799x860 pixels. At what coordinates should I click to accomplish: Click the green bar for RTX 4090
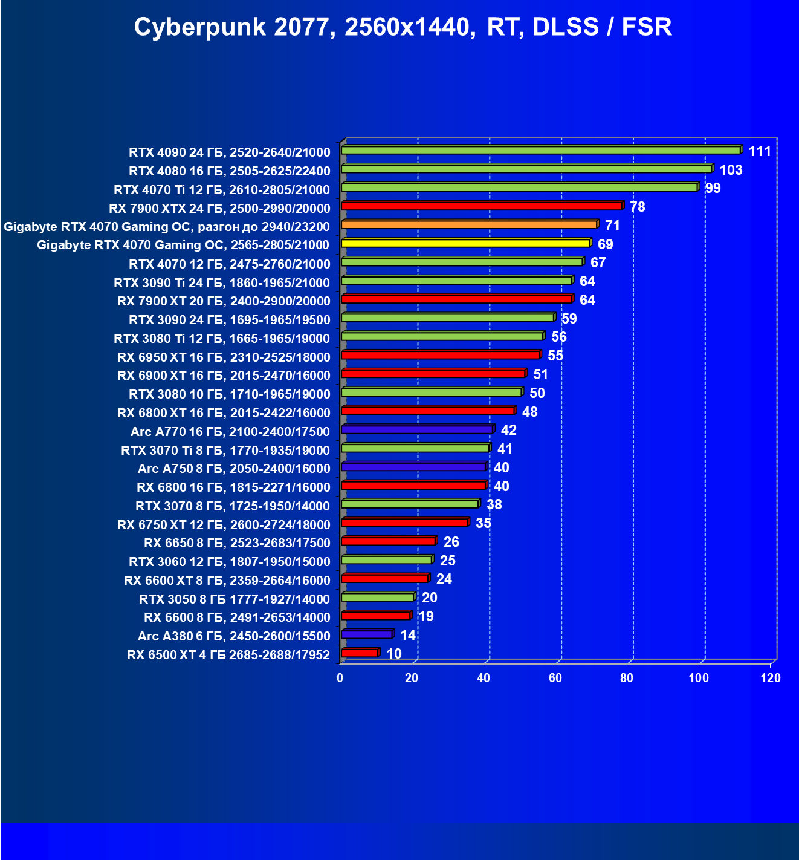click(541, 150)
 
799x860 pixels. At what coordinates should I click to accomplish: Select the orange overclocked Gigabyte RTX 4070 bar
click(469, 225)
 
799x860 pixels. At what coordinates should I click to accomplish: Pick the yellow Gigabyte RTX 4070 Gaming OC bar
click(465, 243)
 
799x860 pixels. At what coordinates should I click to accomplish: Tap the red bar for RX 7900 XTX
click(482, 206)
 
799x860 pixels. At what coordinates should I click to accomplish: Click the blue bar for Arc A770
click(417, 429)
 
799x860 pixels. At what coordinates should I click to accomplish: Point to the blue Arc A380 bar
click(367, 634)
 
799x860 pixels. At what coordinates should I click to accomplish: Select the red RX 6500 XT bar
click(360, 653)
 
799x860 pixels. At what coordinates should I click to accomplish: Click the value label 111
click(760, 151)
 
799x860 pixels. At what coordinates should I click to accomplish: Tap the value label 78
click(637, 207)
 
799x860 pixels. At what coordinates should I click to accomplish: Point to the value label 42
click(508, 430)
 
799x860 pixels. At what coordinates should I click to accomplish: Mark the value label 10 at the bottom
click(393, 654)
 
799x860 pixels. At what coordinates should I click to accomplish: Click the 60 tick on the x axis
click(555, 678)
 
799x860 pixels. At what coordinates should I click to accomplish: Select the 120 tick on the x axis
click(771, 678)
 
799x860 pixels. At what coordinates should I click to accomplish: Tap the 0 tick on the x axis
click(340, 678)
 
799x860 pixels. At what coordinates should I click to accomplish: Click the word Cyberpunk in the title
click(199, 28)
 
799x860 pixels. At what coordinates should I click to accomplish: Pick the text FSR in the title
click(646, 28)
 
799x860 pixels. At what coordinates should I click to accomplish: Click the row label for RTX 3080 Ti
click(222, 338)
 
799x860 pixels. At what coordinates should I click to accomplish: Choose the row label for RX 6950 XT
click(224, 357)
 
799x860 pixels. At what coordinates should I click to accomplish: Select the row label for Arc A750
click(234, 469)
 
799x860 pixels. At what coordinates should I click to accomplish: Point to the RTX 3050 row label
click(235, 599)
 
